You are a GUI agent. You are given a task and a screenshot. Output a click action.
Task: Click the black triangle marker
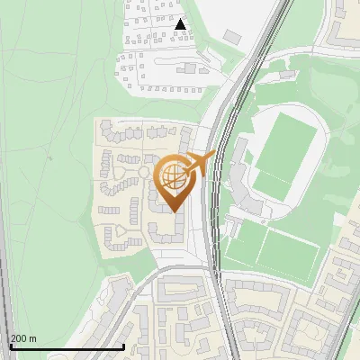point(181,25)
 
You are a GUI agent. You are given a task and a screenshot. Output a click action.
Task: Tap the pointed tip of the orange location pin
point(172,211)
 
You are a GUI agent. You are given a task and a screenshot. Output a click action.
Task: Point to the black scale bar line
point(67,347)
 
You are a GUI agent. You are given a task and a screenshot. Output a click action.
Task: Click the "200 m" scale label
point(23,338)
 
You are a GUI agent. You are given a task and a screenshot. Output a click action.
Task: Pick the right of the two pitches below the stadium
point(290,254)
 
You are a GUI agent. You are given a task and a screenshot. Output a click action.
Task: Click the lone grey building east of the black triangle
point(233,36)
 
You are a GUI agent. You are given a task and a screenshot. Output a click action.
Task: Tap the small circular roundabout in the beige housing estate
point(142,171)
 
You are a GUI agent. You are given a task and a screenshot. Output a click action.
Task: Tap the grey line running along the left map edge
point(4,270)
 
